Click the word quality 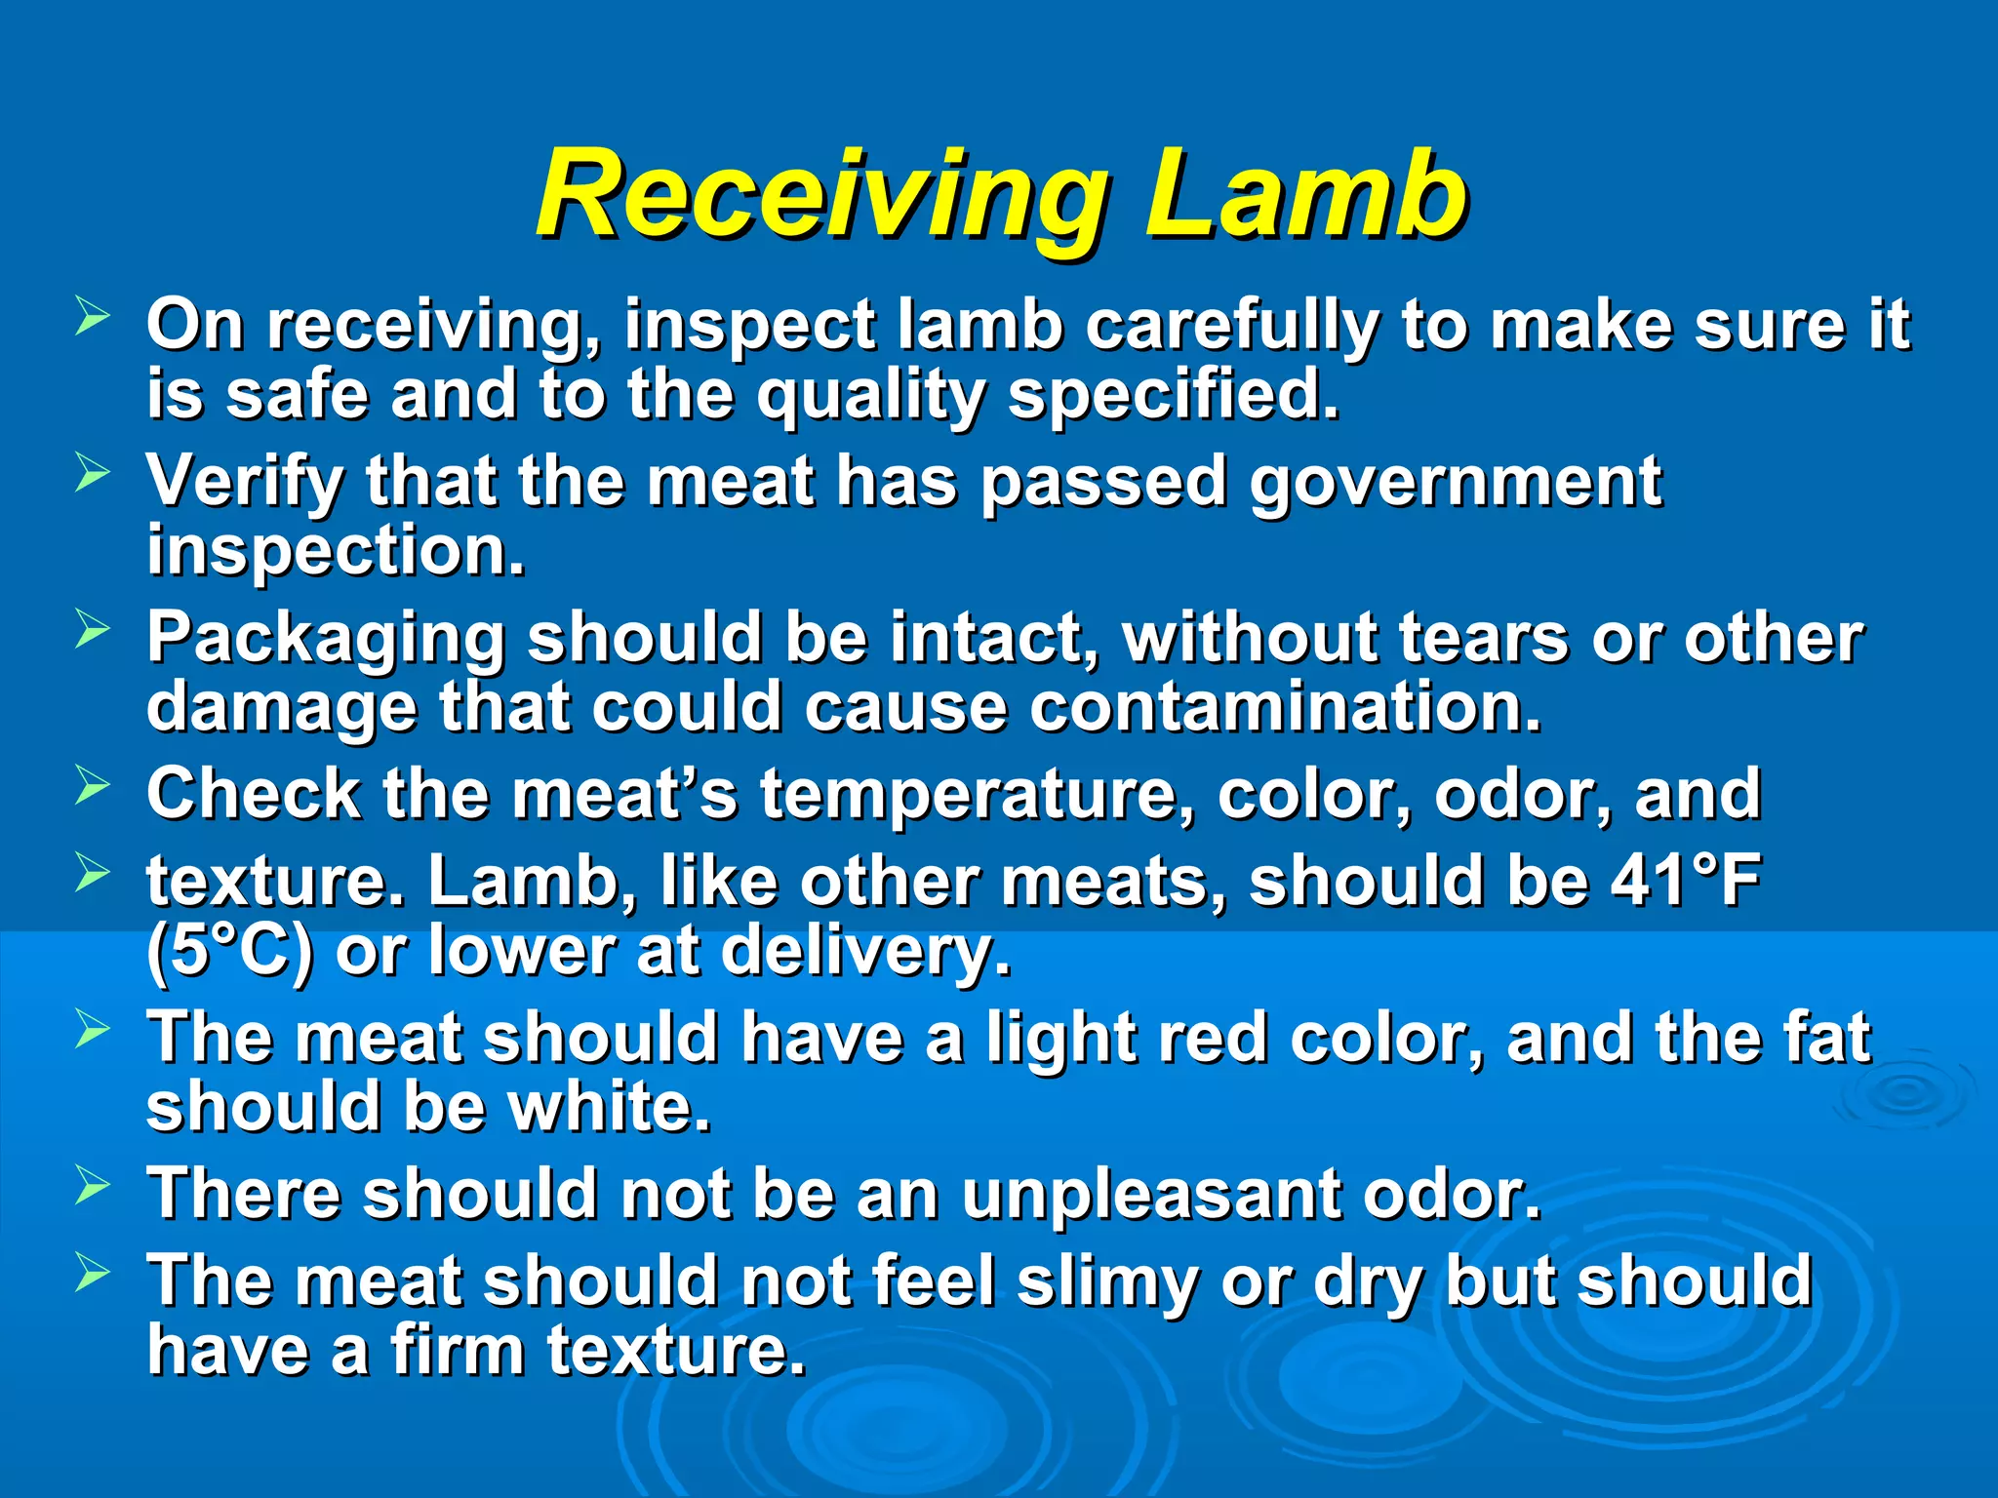pyautogui.click(x=871, y=397)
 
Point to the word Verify pyautogui.click(x=245, y=482)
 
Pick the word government pyautogui.click(x=1456, y=482)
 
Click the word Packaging pyautogui.click(x=326, y=640)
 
